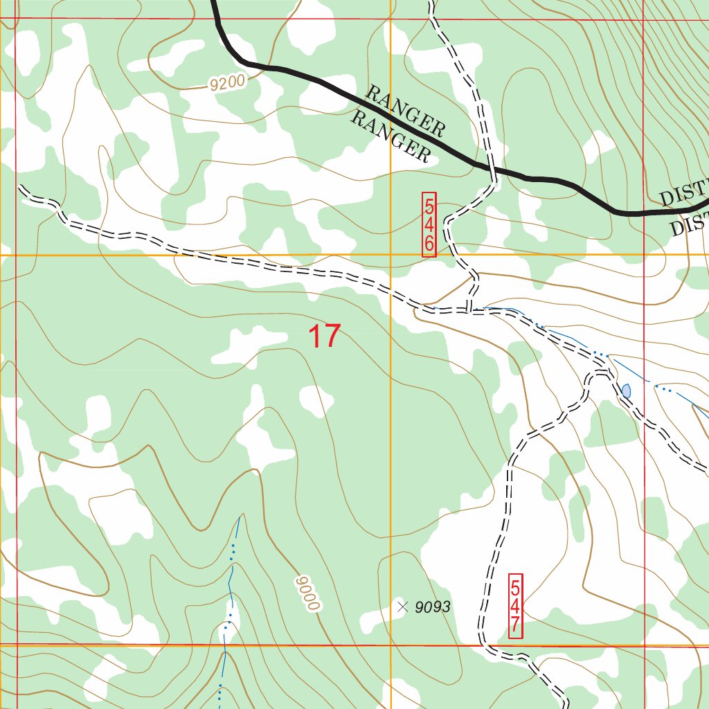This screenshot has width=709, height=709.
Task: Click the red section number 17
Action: point(324,336)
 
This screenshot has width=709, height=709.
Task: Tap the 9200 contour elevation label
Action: point(227,83)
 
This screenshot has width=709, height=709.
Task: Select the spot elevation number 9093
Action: point(433,607)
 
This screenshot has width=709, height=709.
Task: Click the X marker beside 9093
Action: point(402,607)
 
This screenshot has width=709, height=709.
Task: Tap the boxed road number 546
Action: point(429,225)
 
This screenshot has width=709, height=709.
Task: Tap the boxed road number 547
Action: point(515,606)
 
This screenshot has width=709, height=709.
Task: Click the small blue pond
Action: point(626,391)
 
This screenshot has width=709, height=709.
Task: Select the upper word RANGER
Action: point(405,111)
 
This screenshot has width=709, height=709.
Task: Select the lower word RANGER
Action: point(390,137)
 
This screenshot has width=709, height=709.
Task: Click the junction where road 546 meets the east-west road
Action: point(470,310)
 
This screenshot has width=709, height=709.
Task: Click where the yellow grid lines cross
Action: point(391,255)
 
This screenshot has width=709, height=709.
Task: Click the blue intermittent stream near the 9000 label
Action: point(233,554)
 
